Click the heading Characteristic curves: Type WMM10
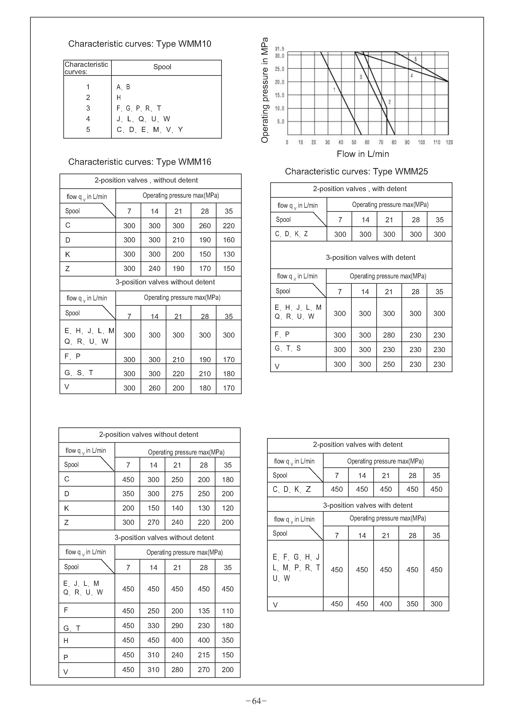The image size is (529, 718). click(140, 44)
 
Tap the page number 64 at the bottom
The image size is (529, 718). click(256, 701)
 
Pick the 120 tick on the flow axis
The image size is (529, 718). click(449, 142)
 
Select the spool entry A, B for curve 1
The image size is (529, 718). click(123, 87)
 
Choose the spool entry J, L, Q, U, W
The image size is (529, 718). click(143, 119)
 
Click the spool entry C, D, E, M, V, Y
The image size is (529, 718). click(150, 130)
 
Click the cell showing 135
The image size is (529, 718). click(204, 611)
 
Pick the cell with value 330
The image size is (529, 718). click(153, 626)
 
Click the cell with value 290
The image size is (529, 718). click(177, 626)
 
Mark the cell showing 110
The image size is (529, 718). click(227, 611)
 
